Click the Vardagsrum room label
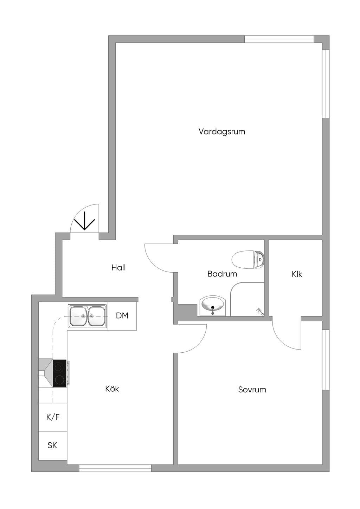(222, 132)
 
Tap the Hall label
(118, 267)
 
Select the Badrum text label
(222, 274)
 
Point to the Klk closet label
(297, 274)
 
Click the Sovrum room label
(252, 390)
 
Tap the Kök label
(112, 389)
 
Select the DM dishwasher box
(122, 316)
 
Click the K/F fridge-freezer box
(53, 417)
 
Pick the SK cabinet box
(53, 446)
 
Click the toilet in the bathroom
(248, 259)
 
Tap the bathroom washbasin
(213, 306)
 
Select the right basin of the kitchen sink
(97, 316)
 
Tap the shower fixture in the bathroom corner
(260, 312)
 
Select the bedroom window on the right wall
(326, 360)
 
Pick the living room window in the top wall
(279, 39)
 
